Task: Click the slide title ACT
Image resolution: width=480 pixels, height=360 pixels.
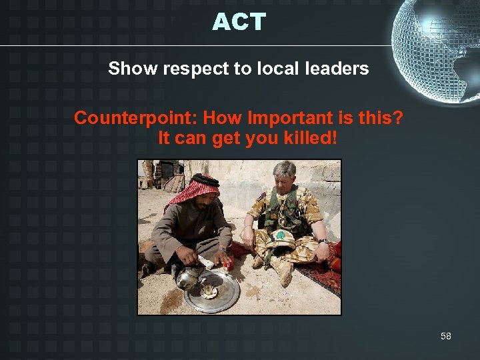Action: pos(239,22)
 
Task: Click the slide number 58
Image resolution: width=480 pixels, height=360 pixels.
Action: pos(445,336)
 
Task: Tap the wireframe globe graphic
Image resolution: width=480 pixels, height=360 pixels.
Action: pos(437,50)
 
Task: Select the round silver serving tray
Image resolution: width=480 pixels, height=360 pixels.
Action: pos(211,293)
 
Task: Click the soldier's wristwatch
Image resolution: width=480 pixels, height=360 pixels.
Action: pos(322,241)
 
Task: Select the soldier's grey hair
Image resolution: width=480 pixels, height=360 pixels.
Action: pos(283,169)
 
